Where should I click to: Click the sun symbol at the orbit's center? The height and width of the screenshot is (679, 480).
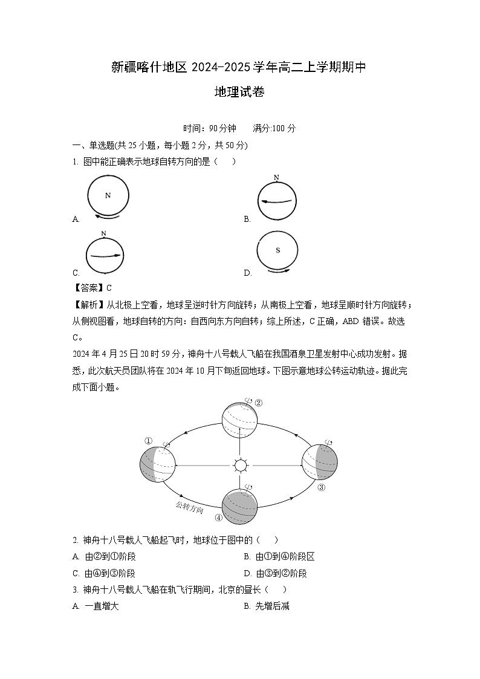tap(240, 465)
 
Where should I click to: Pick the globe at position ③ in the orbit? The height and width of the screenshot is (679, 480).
tap(320, 462)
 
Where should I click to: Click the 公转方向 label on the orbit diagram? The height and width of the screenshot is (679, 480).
tap(189, 507)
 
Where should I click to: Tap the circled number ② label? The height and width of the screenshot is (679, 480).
tap(258, 403)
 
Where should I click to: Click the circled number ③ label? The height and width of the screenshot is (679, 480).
tap(322, 487)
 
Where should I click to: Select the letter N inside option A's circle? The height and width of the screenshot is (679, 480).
tap(108, 195)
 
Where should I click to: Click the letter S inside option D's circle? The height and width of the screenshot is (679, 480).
tap(277, 250)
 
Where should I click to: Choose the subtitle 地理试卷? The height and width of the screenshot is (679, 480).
tap(240, 93)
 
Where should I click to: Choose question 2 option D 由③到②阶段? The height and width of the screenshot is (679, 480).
tap(276, 573)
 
